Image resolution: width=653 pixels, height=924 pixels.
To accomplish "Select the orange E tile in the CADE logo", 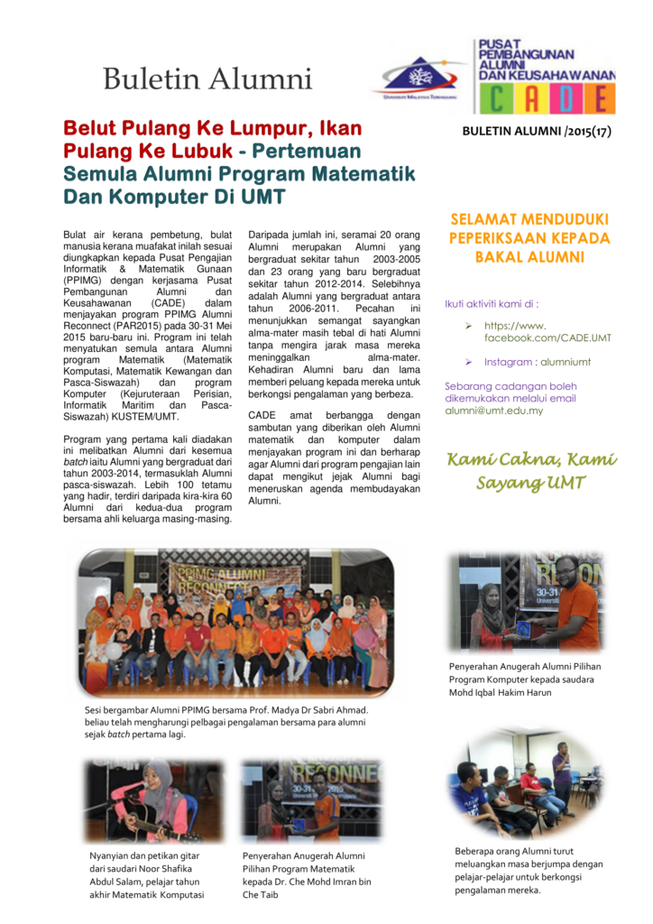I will pos(599,98).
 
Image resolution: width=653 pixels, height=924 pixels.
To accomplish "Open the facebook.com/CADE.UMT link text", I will pos(547,337).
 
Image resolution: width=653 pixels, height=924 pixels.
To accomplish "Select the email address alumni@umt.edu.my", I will pos(493,410).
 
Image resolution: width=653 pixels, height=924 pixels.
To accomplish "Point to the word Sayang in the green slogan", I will pos(503,483).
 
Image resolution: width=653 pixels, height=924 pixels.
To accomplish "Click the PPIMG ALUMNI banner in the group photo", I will pos(217,576).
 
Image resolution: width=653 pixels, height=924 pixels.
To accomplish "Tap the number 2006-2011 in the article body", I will pos(303,309).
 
